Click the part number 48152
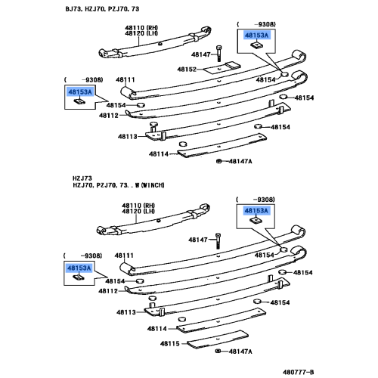click(187, 70)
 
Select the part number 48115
click(170, 343)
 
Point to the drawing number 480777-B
click(299, 372)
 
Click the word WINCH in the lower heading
click(153, 185)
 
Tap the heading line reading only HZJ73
click(82, 178)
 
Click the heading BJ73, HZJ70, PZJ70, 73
click(102, 9)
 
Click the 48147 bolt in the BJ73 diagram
click(218, 53)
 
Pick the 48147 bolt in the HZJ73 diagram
click(218, 240)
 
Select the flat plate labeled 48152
click(222, 68)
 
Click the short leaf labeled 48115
click(218, 339)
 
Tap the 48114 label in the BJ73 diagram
click(159, 153)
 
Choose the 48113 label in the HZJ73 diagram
click(126, 312)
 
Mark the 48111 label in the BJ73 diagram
click(125, 80)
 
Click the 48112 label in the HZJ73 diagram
click(108, 291)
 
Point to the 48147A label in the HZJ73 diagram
click(240, 352)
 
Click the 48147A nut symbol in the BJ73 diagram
click(218, 161)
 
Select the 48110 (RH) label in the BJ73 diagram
click(141, 28)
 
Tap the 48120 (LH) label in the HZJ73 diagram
click(138, 211)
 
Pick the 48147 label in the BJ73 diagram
click(201, 54)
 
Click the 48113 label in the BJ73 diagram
click(128, 137)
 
